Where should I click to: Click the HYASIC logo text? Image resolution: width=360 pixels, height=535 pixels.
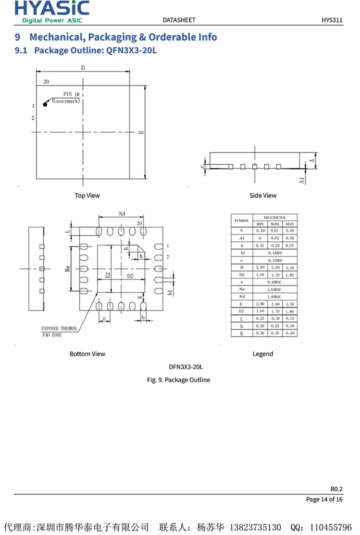(x=52, y=8)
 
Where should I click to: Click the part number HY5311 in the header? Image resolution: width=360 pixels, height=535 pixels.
(x=331, y=20)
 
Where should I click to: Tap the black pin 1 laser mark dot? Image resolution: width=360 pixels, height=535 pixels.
(x=45, y=104)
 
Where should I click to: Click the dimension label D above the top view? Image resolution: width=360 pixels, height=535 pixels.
(x=83, y=67)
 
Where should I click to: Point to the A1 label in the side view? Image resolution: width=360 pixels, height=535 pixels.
(x=302, y=180)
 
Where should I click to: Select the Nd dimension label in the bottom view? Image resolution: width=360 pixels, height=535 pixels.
(x=122, y=213)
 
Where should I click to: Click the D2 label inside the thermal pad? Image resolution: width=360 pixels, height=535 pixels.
(x=130, y=275)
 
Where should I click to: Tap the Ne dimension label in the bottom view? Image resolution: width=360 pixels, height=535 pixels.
(x=67, y=268)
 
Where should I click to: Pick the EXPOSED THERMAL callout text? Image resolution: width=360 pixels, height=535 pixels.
(x=59, y=328)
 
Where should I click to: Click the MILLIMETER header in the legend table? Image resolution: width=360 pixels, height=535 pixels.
(x=274, y=217)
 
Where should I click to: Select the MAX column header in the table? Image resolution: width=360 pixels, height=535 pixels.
(x=289, y=224)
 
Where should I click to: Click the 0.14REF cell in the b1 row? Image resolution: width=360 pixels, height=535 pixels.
(x=275, y=253)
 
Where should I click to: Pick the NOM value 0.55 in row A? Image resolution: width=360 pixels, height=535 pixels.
(x=274, y=230)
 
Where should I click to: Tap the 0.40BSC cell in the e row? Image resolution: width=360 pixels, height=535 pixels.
(x=274, y=282)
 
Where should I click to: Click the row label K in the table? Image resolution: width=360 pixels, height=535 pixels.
(x=241, y=333)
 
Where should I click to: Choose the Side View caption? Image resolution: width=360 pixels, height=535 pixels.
(x=262, y=195)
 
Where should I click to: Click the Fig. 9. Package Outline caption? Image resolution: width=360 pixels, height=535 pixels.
(x=178, y=380)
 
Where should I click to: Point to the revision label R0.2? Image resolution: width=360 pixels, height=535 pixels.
(x=336, y=489)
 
